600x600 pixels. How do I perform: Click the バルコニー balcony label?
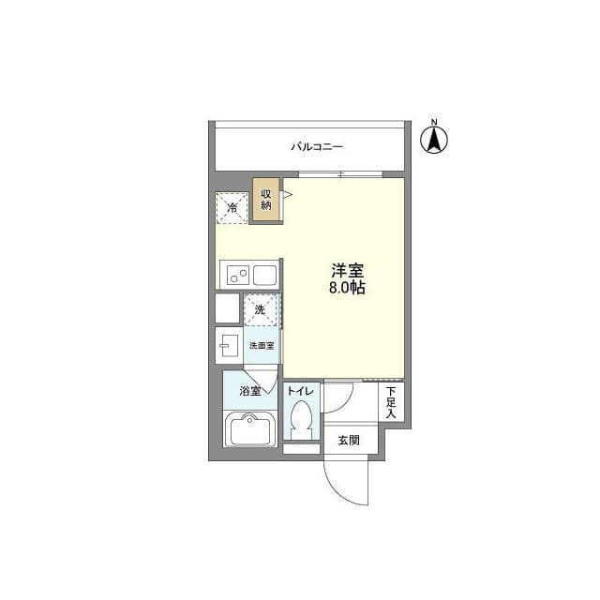tap(317, 147)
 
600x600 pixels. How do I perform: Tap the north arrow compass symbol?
tap(434, 138)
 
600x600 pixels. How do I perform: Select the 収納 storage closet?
tap(266, 200)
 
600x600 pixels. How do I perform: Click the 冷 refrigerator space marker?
tap(232, 208)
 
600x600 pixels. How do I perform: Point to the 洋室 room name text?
tap(347, 271)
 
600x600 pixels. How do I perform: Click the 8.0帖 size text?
tap(347, 288)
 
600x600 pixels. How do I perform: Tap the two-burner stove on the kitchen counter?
tap(238, 275)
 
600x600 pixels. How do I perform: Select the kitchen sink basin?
tap(264, 275)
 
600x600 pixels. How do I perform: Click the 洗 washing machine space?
tap(261, 309)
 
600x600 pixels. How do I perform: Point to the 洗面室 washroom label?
tap(262, 346)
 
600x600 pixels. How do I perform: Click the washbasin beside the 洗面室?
tap(228, 345)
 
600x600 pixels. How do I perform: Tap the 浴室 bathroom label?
tap(250, 391)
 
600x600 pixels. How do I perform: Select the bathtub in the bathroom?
tap(250, 429)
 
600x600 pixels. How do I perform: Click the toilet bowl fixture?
tap(302, 420)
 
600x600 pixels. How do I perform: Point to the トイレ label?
tap(301, 391)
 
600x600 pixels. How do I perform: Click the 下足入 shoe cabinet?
tap(391, 402)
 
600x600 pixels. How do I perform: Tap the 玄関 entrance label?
tap(349, 440)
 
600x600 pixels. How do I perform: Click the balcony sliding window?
tap(340, 174)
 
